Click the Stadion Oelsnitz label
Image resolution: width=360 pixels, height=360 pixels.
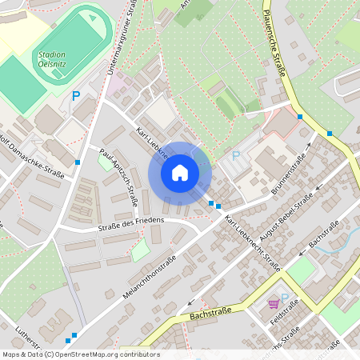(x=51, y=61)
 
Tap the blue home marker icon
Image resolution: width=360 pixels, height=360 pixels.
(x=180, y=172)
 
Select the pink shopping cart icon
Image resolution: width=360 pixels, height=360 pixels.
(x=274, y=304)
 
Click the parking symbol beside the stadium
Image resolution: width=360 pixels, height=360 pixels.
(x=77, y=95)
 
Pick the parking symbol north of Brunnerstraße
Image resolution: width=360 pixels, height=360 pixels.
(x=236, y=156)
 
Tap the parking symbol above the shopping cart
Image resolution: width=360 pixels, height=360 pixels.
(x=283, y=298)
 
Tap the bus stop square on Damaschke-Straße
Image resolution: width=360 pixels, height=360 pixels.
(x=78, y=162)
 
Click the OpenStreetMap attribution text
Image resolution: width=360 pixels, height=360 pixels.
(x=80, y=354)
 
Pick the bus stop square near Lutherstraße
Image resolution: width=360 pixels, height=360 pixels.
(x=74, y=336)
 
